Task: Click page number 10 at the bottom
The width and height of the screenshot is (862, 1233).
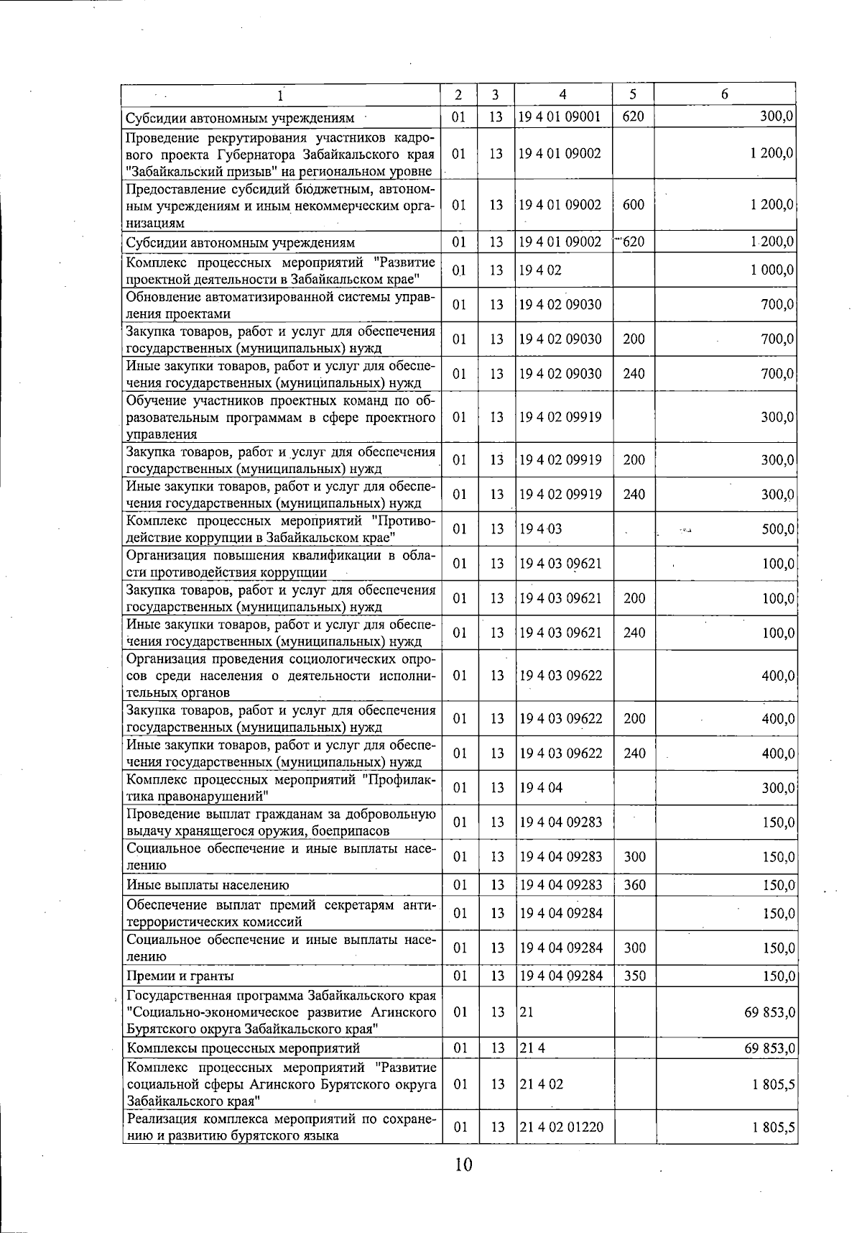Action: [463, 1164]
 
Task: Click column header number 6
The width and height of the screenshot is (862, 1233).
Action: [725, 94]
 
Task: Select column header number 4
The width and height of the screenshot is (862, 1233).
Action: [562, 94]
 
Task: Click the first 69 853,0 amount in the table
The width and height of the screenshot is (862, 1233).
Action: [769, 1012]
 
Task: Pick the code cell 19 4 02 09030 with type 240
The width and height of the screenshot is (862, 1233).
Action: [561, 374]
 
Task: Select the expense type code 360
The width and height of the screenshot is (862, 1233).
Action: [634, 885]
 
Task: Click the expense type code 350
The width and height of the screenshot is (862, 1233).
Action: [634, 976]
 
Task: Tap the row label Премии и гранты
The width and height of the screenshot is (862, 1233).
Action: [180, 976]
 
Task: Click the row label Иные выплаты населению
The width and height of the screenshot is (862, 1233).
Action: [208, 886]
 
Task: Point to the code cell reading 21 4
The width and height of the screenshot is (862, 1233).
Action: [532, 1048]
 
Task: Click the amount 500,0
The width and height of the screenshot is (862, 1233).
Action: [778, 529]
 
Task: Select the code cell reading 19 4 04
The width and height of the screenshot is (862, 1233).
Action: [541, 788]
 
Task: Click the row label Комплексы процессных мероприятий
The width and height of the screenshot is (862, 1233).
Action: [244, 1048]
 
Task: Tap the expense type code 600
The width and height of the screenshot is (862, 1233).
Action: [634, 205]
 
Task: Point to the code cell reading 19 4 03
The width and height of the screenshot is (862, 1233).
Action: [541, 529]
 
